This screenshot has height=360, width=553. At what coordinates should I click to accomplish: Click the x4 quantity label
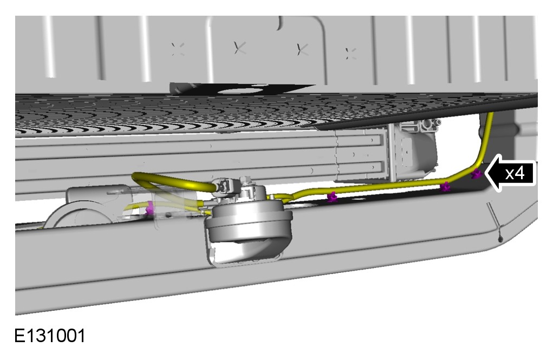pos(515,173)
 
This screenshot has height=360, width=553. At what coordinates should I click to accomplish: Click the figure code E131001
pos(50,336)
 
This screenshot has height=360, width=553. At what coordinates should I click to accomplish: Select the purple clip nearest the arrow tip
pos(477,173)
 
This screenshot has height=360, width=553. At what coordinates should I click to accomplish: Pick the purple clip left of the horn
pos(150,208)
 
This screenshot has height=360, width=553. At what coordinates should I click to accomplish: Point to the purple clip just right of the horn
pos(331,198)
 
